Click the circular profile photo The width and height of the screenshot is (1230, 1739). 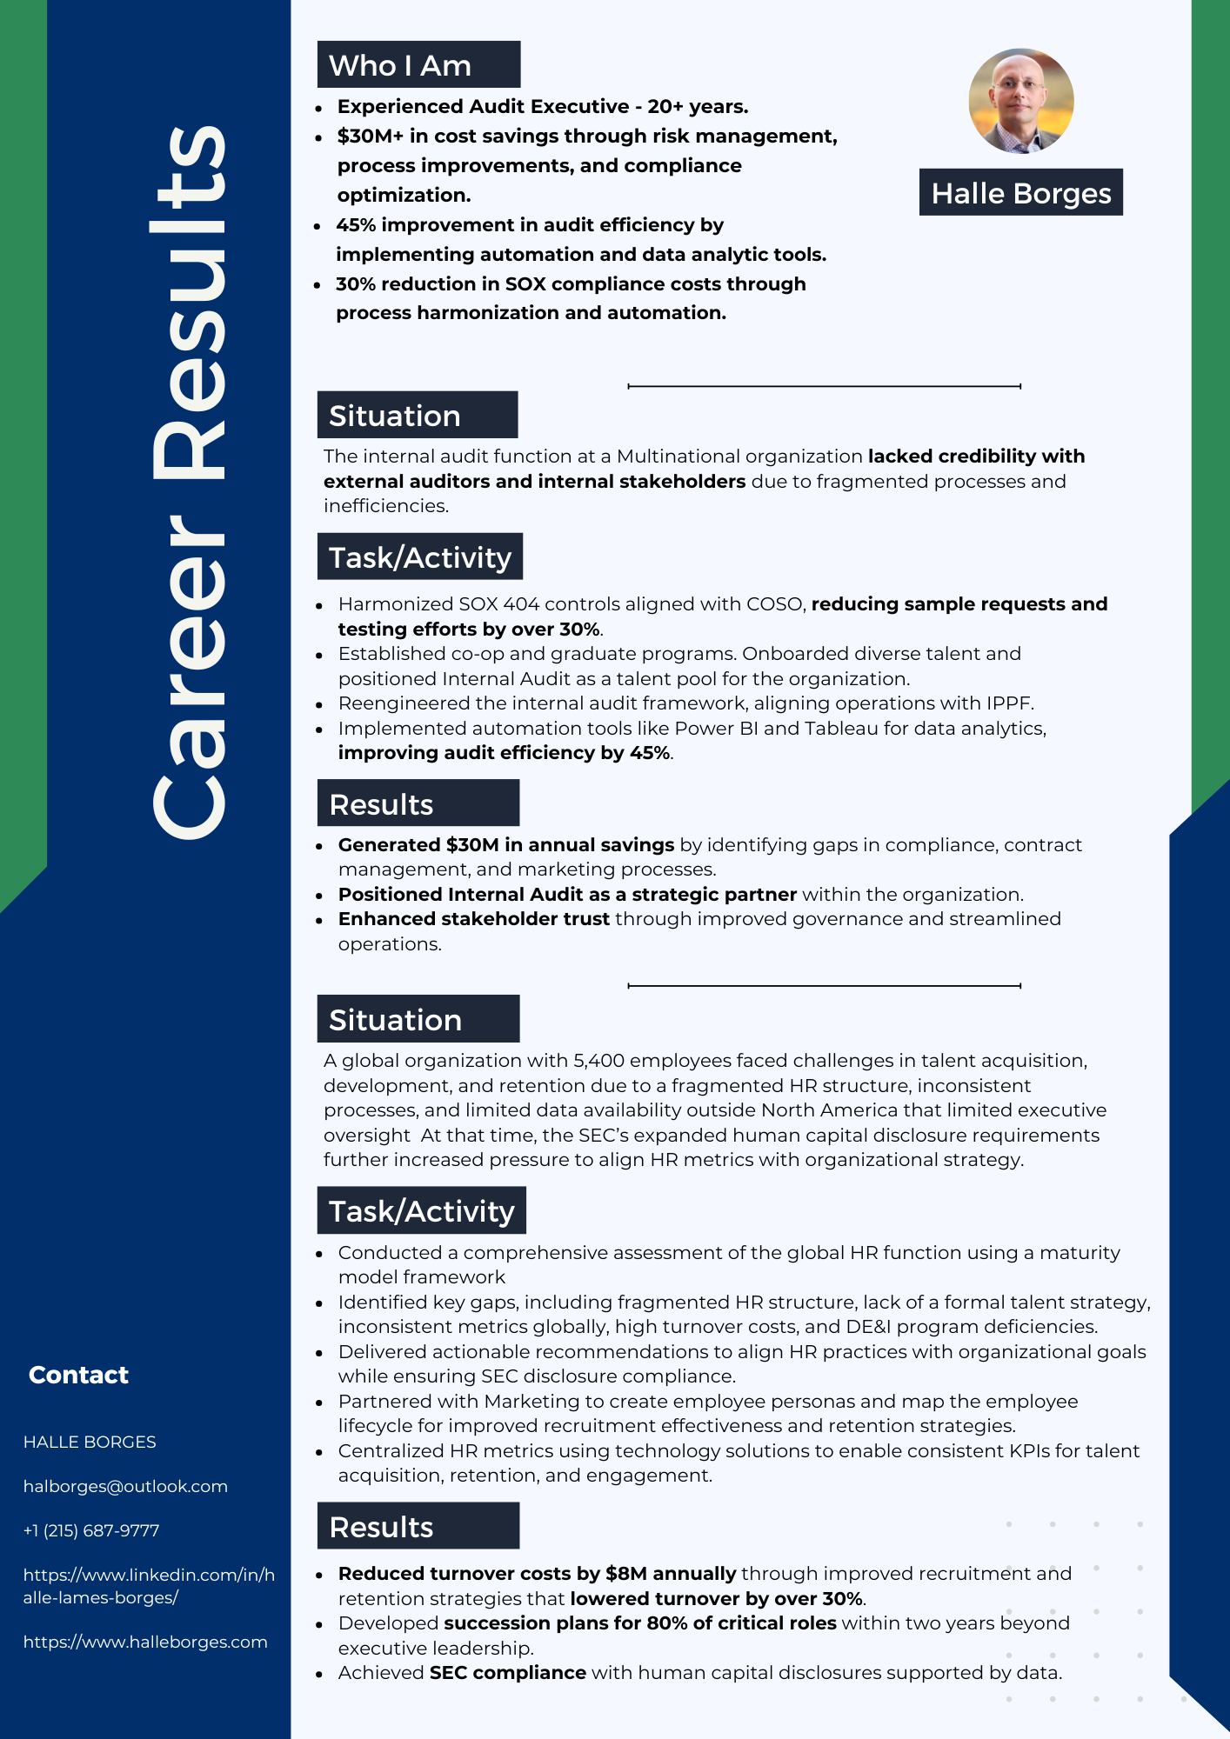[1020, 101]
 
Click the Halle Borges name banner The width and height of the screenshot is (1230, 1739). [1020, 193]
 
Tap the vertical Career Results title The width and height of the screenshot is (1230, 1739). [189, 483]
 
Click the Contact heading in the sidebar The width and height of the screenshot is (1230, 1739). [78, 1375]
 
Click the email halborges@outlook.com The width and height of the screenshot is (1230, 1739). [125, 1486]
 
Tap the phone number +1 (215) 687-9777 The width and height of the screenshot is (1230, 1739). [91, 1530]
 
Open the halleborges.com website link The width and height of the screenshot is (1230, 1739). [145, 1642]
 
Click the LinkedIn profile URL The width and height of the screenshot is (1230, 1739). [149, 1586]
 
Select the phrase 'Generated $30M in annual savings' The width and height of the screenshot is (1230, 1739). [505, 845]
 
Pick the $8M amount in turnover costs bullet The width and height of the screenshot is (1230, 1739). [626, 1574]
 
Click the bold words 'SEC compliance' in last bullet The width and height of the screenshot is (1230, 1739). [507, 1673]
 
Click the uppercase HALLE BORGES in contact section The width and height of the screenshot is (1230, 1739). [90, 1442]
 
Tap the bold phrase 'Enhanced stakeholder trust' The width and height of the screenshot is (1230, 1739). [473, 919]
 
